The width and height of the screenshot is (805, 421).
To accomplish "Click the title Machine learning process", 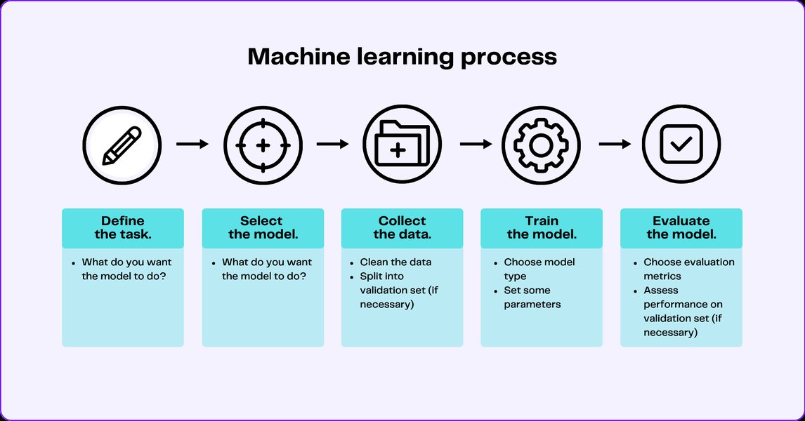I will coord(402,57).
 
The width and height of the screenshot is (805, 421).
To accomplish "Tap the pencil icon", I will coord(122,145).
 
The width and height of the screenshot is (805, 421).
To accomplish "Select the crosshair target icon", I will coord(262,145).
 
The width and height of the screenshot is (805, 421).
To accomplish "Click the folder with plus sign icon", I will coord(401,145).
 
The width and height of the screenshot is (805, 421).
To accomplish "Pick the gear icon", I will coord(540,145).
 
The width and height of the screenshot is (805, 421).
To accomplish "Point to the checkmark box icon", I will coord(681,145).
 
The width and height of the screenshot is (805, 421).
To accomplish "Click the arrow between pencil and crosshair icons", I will coord(192,145).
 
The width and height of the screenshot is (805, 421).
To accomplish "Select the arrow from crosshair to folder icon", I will coord(332,145).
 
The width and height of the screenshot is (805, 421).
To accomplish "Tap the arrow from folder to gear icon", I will coord(476,145).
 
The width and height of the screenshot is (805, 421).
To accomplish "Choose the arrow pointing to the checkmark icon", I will coord(615,145).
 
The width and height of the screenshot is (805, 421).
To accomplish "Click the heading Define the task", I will coord(123,227).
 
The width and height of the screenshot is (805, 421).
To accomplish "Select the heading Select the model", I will coord(262,227).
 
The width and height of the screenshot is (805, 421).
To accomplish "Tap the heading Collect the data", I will coord(402,227).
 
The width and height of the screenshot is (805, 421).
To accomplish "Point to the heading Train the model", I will coord(541,227).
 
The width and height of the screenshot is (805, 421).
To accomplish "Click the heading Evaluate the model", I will coord(681,227).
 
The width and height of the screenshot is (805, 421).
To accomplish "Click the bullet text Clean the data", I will coord(395,262).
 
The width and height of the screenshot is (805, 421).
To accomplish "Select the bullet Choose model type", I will coord(539,269).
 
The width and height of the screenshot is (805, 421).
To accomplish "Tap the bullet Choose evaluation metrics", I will coord(688,269).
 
